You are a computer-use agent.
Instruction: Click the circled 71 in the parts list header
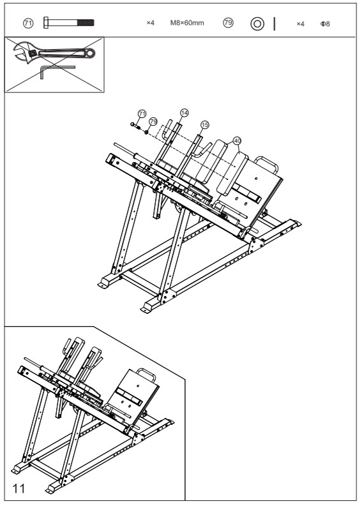[27, 23]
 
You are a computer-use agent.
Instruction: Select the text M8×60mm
[187, 24]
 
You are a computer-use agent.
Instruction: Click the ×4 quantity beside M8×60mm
[151, 24]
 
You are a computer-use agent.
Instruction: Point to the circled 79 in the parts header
[227, 23]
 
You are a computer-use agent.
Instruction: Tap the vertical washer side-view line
[274, 24]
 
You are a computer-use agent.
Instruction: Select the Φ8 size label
[324, 24]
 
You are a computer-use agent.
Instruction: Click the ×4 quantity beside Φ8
[300, 24]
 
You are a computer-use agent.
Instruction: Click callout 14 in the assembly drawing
[184, 112]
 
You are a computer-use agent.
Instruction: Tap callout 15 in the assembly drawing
[205, 124]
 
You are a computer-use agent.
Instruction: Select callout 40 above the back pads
[237, 140]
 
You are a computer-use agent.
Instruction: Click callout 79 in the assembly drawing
[153, 121]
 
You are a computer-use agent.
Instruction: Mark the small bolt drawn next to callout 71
[135, 124]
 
